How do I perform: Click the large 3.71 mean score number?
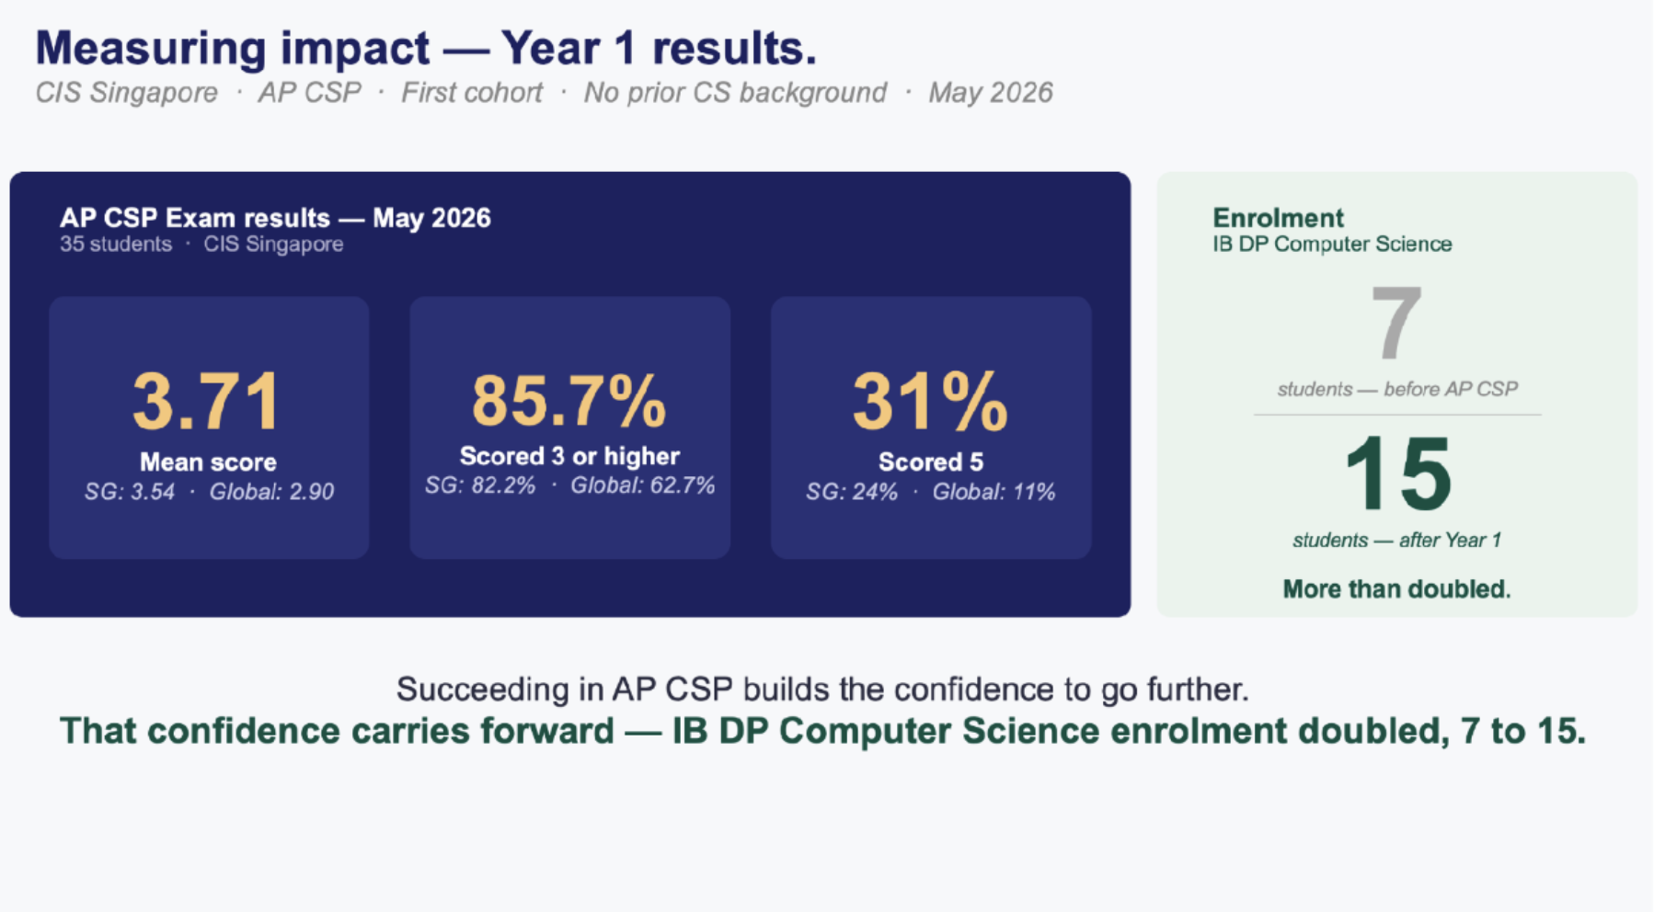pos(207,402)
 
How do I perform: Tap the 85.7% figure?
pos(569,402)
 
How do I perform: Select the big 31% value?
pos(930,402)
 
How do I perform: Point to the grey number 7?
pos(1396,323)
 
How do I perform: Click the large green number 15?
pos(1397,474)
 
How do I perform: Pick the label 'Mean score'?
pos(208,462)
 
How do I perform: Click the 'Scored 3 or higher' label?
pos(569,456)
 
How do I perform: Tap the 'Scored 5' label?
pos(931,462)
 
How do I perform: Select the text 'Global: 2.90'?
pos(271,492)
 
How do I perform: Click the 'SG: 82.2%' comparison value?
pos(480,485)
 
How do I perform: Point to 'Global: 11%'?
pos(994,492)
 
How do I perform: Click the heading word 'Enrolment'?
pos(1278,218)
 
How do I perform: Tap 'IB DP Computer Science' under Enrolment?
pos(1332,244)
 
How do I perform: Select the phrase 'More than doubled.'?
pos(1396,588)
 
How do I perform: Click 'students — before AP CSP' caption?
pos(1397,389)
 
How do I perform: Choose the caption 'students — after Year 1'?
pos(1396,540)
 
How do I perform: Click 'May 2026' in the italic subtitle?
pos(990,93)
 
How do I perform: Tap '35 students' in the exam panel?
pos(116,244)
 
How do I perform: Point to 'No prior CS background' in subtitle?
pos(735,93)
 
